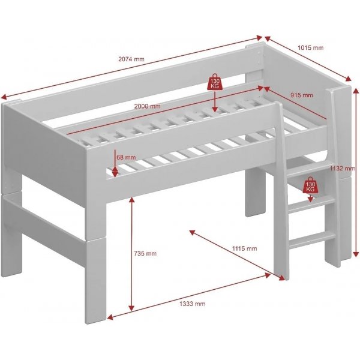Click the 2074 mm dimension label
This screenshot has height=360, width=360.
[131, 58]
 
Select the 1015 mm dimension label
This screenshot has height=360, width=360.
[310, 48]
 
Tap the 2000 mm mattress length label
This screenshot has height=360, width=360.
[148, 106]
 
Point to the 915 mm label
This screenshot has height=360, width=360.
[301, 95]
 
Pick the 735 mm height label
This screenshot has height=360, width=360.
[145, 254]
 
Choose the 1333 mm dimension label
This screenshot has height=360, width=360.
[193, 304]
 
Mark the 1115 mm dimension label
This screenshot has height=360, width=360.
[245, 248]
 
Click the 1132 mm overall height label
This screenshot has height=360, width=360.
[340, 169]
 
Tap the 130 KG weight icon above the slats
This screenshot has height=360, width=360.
[214, 82]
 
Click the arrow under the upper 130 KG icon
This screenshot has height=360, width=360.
[214, 101]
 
